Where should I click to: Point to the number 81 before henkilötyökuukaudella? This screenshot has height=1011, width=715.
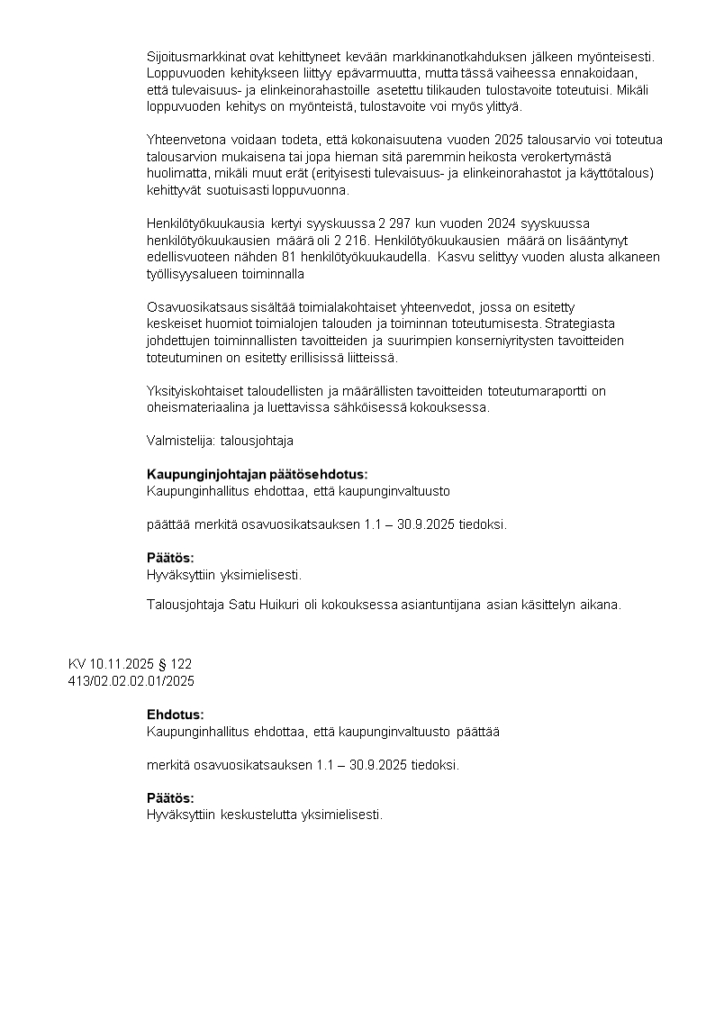point(288,257)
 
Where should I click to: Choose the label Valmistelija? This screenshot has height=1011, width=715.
point(175,442)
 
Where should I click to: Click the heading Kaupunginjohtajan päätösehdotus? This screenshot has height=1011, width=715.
point(257,475)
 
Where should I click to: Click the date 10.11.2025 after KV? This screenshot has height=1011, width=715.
point(122,664)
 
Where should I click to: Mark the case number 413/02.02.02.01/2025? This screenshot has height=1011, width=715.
point(131,680)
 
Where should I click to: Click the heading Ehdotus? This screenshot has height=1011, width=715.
point(176,715)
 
